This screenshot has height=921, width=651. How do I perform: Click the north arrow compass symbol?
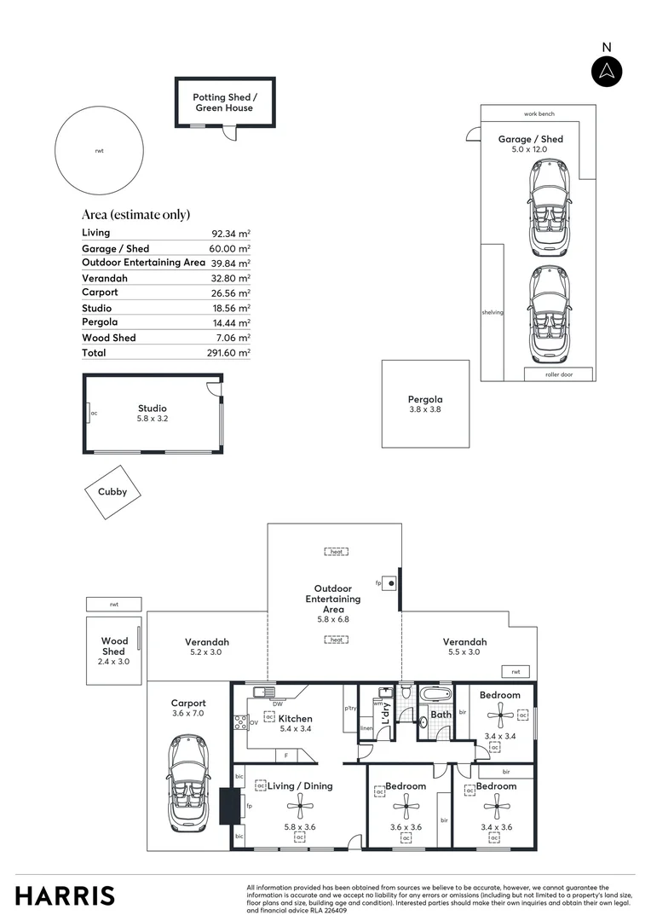pos(607,71)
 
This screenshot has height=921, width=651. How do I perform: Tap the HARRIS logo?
pos(65,895)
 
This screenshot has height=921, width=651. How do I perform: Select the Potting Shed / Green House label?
pos(224,103)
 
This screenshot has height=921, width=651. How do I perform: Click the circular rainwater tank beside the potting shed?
pos(99,150)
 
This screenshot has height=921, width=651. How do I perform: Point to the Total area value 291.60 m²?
pos(230,353)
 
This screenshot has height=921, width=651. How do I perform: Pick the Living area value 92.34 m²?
pos(230,234)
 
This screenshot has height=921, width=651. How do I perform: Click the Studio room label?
pos(153,408)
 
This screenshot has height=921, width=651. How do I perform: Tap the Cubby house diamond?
pos(112,492)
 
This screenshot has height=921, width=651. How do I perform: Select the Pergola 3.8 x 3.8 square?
pos(424,403)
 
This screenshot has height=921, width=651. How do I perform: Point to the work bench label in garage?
pos(539,113)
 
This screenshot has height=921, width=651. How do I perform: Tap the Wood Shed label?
pos(114,646)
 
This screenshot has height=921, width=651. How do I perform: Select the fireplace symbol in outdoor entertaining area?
pos(390,583)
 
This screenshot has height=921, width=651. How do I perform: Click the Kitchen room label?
pos(295,719)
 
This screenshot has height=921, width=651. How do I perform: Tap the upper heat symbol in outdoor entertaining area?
pos(337,552)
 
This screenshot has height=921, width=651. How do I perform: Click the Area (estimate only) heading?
pos(135,214)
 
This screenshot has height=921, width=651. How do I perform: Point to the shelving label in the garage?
pos(492,312)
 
